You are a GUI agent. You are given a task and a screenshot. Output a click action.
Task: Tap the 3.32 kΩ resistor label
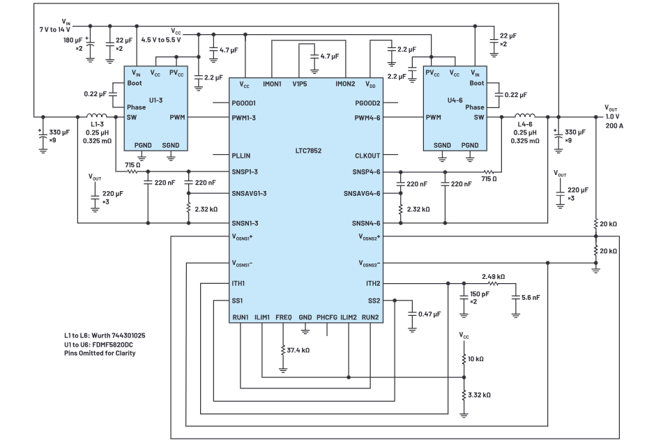point(480,395)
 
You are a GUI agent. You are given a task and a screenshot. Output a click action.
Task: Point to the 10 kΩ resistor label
point(477,358)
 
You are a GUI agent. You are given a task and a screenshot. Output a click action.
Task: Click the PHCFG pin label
point(327,317)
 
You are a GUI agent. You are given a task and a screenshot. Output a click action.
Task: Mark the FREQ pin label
point(283,317)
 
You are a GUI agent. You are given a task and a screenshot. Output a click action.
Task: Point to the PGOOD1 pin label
point(245,103)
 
